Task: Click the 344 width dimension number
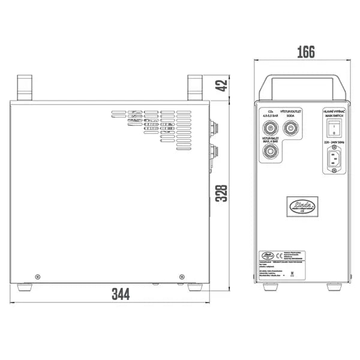coord(121,294)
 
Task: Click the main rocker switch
coord(333,127)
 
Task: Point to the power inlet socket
coord(334,160)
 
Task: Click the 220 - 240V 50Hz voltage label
coord(334,143)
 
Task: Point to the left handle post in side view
coord(24,88)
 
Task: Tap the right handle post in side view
coord(196,88)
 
